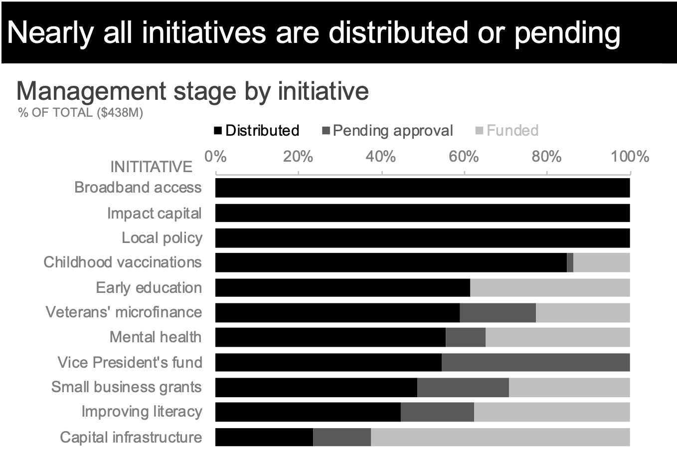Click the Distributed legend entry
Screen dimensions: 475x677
[256, 131]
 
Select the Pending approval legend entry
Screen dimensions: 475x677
[387, 131]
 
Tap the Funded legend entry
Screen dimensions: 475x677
[507, 131]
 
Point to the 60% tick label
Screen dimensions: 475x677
[464, 157]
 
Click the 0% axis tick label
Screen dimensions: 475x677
[215, 157]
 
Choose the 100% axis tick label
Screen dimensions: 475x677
[630, 157]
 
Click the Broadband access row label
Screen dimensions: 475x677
[138, 188]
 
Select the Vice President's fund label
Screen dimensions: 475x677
[130, 362]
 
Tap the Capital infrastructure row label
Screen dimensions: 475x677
[131, 437]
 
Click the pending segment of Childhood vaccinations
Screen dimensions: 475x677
[570, 262]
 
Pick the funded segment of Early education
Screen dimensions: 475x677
[549, 288]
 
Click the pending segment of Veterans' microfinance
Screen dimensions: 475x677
[498, 312]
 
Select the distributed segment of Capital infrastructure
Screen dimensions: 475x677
[264, 437]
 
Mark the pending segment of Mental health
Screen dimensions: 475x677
[465, 337]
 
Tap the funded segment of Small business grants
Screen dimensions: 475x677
[569, 387]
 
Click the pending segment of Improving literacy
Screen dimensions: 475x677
[437, 412]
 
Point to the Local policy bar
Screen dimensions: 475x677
[422, 238]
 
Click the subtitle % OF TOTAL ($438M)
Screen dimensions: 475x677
[80, 113]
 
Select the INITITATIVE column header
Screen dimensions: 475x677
[151, 167]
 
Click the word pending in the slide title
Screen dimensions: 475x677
[567, 33]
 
